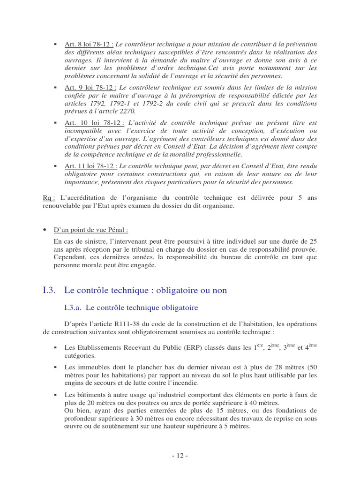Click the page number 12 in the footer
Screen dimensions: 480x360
[x=180, y=456]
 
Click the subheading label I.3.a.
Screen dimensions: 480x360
[x=73, y=308]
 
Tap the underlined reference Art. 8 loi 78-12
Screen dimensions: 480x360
[x=88, y=44]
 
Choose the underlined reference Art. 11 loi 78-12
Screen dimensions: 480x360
[x=90, y=166]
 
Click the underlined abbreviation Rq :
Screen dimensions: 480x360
[x=49, y=198]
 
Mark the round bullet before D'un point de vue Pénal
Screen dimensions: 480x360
[x=45, y=230]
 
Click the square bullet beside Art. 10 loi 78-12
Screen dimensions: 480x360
[x=55, y=123]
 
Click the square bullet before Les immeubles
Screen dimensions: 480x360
[x=55, y=367]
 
